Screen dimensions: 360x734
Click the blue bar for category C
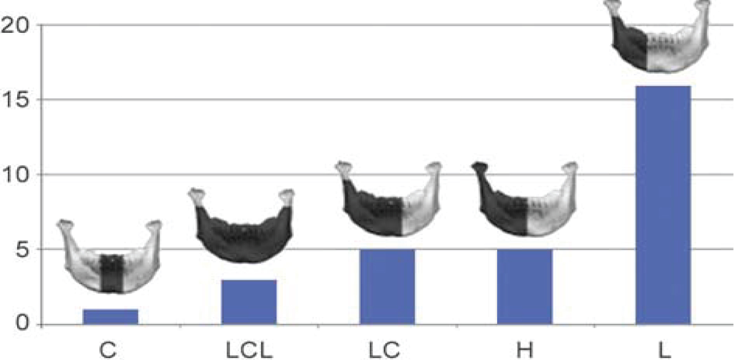(x=111, y=316)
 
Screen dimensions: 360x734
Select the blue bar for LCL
(x=249, y=302)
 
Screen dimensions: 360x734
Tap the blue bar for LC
(x=387, y=287)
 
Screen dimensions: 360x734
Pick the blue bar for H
(x=525, y=287)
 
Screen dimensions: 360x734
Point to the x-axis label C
(x=111, y=350)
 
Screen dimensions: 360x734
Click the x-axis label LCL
(x=249, y=350)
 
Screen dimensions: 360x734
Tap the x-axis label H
(x=525, y=350)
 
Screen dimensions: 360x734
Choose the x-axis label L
(x=663, y=350)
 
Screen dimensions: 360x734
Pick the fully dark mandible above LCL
(x=242, y=227)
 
